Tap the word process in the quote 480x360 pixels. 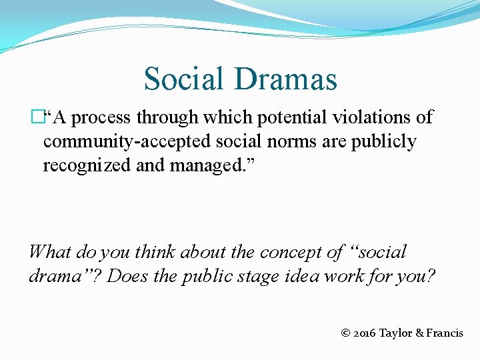coord(101,118)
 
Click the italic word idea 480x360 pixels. coord(303,275)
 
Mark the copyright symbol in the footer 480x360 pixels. coord(344,333)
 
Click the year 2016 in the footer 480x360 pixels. coord(364,333)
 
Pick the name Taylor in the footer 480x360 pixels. coord(396,333)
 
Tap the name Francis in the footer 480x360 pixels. coord(444,333)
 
